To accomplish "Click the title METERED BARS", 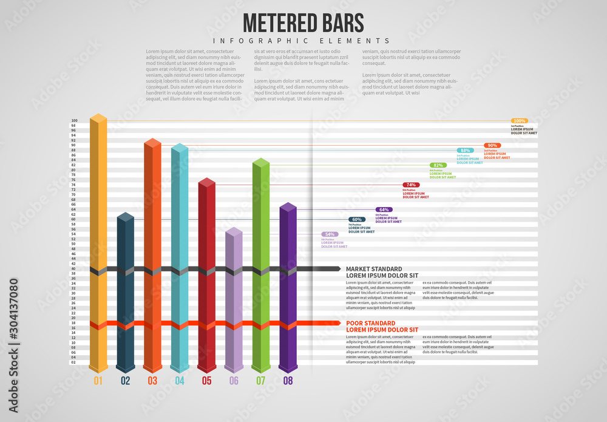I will (303, 22).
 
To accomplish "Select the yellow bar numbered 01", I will (98, 243).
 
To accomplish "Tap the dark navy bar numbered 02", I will (125, 291).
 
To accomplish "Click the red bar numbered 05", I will (206, 273).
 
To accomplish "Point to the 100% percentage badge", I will (519, 121).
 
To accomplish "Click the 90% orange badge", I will (492, 145).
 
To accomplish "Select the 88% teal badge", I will (465, 150).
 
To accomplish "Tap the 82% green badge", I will (438, 165).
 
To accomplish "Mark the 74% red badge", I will (411, 185).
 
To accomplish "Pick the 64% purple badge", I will (384, 209).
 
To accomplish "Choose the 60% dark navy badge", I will (357, 219).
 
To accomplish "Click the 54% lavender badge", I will (330, 234).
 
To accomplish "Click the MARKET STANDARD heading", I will (374, 268).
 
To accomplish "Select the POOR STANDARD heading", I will (371, 323).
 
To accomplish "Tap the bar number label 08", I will (288, 381).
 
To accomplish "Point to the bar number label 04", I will (179, 381).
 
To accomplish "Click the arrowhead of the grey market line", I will (337, 268).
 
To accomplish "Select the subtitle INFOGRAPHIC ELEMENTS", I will (303, 41).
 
